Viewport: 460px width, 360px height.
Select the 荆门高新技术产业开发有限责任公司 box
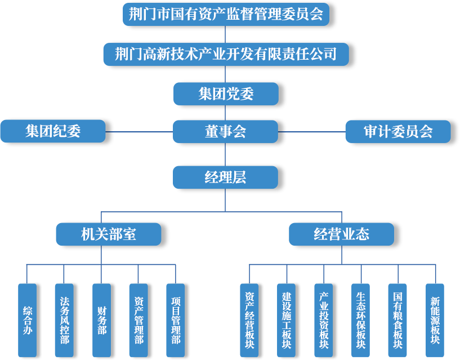coord(226,54)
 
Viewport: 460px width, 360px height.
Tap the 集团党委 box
coord(226,94)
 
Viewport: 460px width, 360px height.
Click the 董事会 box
coord(226,132)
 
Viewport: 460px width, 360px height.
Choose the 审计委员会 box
coord(398,132)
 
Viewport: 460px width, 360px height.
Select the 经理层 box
coord(226,177)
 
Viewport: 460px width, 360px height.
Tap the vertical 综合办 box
coord(27,320)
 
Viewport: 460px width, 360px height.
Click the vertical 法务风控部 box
coord(64,320)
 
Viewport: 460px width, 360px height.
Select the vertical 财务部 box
coord(101,320)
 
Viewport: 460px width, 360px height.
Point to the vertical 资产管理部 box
coord(139,320)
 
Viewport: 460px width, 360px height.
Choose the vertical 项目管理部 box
coord(176,320)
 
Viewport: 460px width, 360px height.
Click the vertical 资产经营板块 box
coord(249,320)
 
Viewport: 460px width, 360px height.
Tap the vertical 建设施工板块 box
coord(286,320)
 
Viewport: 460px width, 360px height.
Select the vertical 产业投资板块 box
coord(323,320)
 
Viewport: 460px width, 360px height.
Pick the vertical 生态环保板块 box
coord(360,320)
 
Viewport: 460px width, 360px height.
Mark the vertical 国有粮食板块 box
coord(398,320)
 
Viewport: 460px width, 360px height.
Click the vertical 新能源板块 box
coord(435,320)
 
